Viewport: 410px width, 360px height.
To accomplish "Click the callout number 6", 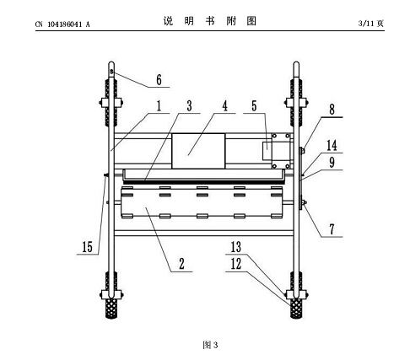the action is pyautogui.click(x=159, y=80).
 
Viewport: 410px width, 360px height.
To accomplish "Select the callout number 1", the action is pyautogui.click(x=159, y=106).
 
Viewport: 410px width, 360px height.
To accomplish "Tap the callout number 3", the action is pyautogui.click(x=189, y=106).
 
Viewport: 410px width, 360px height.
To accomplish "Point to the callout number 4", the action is pyautogui.click(x=224, y=106).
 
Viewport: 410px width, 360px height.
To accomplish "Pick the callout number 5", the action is pyautogui.click(x=254, y=106).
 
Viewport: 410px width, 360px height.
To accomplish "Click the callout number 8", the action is pyautogui.click(x=332, y=110).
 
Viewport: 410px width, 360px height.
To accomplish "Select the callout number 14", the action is pyautogui.click(x=332, y=145).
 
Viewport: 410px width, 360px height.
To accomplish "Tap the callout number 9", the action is pyautogui.click(x=332, y=163).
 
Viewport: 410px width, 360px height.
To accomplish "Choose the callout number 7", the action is pyautogui.click(x=332, y=229).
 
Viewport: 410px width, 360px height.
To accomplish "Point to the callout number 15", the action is pyautogui.click(x=87, y=247).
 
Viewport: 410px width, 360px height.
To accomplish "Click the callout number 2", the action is pyautogui.click(x=181, y=264).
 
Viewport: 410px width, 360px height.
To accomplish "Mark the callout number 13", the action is pyautogui.click(x=236, y=247).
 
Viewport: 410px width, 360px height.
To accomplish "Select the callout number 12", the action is pyautogui.click(x=236, y=264).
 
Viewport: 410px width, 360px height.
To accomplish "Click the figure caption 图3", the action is pyautogui.click(x=210, y=345).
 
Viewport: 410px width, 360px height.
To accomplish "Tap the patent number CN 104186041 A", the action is pyautogui.click(x=62, y=24).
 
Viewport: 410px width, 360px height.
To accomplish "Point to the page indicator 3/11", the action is pyautogui.click(x=367, y=24).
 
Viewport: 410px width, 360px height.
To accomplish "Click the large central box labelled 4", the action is pyautogui.click(x=198, y=151).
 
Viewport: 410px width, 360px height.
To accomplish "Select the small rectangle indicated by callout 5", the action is pyautogui.click(x=267, y=151).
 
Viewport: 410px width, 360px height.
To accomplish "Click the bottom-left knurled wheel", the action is pyautogui.click(x=111, y=309).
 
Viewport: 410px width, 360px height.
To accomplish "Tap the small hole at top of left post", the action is pyautogui.click(x=111, y=71).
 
